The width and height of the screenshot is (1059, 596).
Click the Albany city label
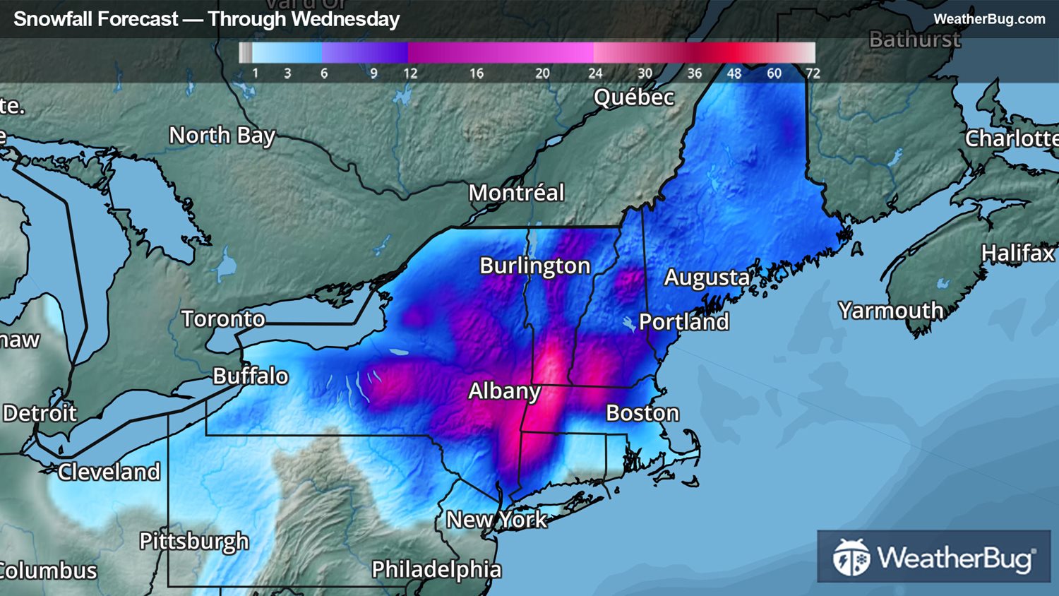(x=504, y=391)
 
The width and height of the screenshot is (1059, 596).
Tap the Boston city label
(x=642, y=413)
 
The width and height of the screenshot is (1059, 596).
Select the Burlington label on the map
(x=534, y=266)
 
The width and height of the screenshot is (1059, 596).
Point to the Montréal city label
(x=516, y=193)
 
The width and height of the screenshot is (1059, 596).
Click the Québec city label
(x=633, y=97)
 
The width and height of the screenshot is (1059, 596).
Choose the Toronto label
(x=223, y=319)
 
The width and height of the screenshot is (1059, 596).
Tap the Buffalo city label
(x=251, y=376)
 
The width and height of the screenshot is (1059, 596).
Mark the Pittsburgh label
(x=194, y=542)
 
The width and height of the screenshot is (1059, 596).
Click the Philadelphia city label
(x=436, y=569)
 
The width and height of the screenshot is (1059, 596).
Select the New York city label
(x=496, y=520)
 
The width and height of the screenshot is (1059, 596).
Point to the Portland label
(x=683, y=322)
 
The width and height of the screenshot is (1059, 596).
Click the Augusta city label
(x=707, y=278)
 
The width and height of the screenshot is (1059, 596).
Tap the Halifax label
(x=1017, y=253)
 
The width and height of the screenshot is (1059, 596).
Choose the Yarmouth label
(x=890, y=311)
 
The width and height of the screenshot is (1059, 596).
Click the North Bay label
(x=222, y=136)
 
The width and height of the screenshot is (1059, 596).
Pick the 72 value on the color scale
(x=813, y=73)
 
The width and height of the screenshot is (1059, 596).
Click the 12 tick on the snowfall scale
(x=410, y=73)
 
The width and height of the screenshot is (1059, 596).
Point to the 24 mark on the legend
(x=595, y=73)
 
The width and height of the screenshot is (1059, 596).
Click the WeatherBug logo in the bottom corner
(x=933, y=557)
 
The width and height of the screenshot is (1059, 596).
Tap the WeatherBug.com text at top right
(x=988, y=19)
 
